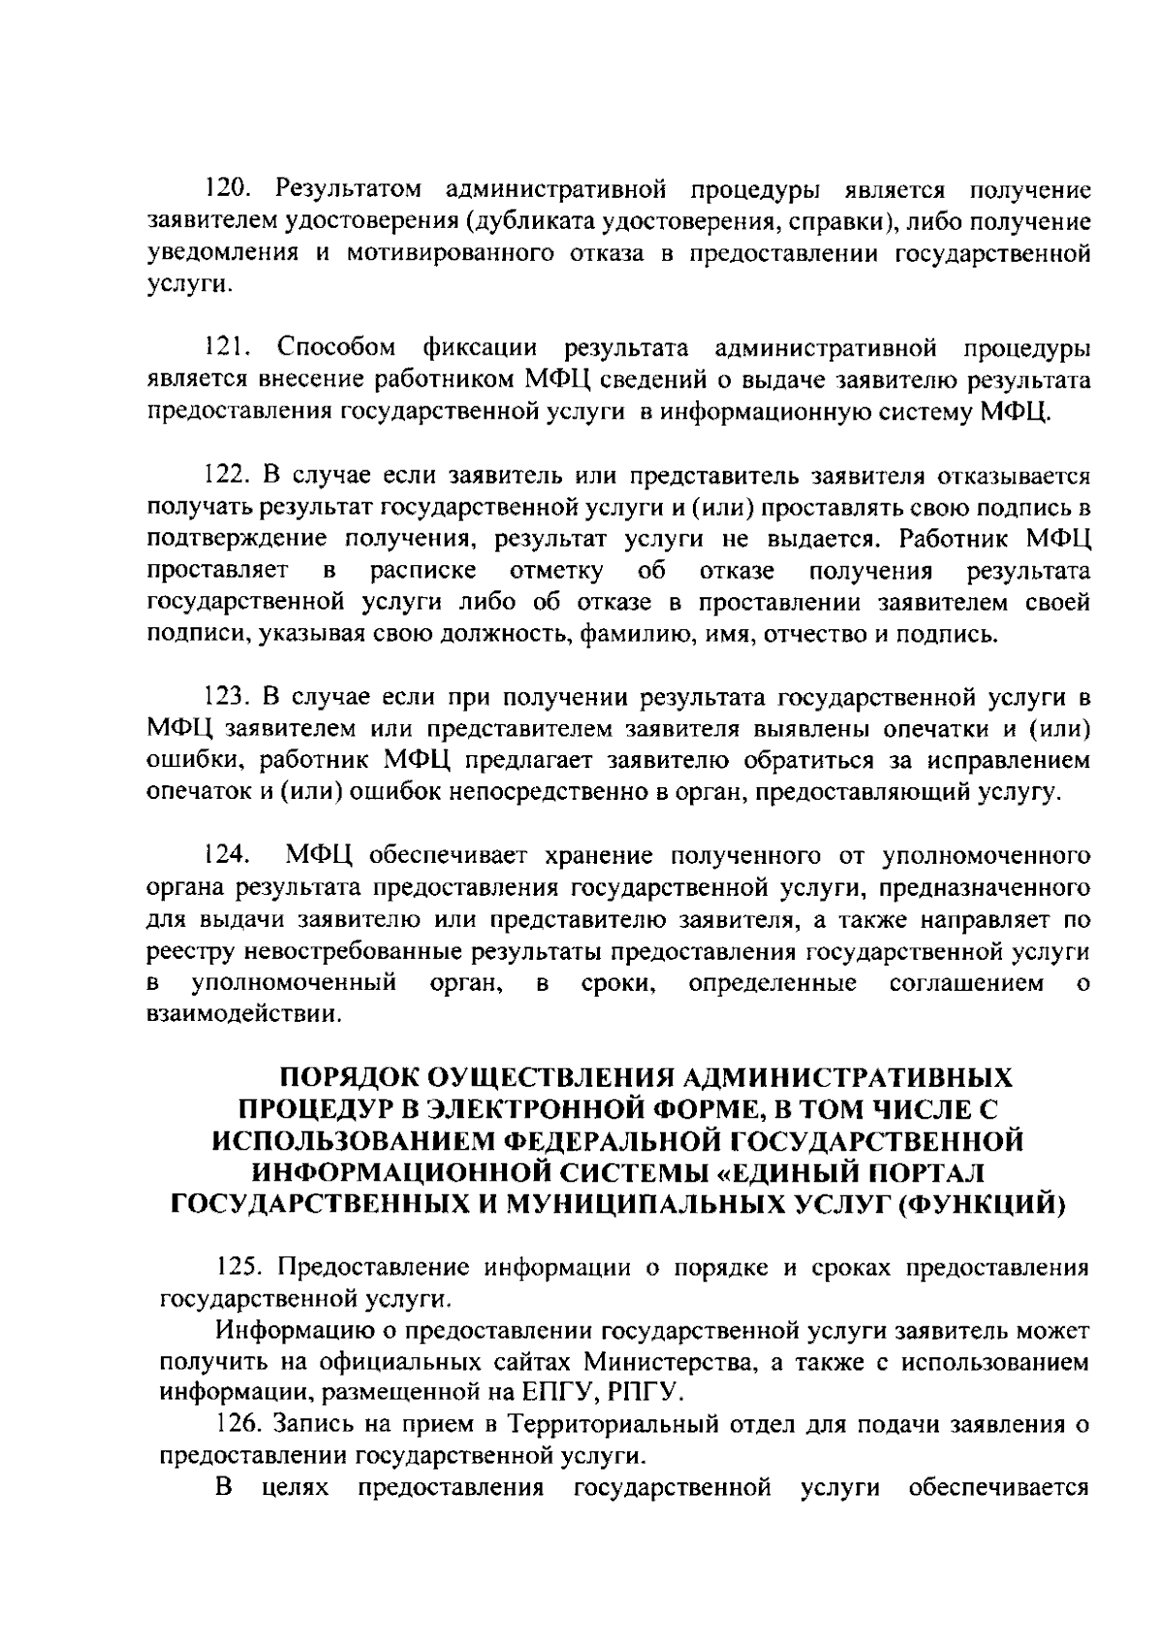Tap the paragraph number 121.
(230, 348)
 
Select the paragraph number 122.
(231, 476)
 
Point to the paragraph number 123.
(231, 698)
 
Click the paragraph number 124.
(230, 856)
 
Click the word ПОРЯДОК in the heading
(346, 1078)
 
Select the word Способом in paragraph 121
(336, 348)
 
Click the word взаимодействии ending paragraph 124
(243, 1016)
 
